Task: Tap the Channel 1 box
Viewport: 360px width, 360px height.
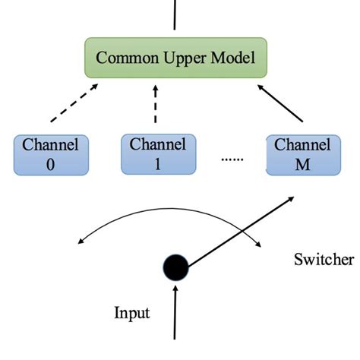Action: pos(159,154)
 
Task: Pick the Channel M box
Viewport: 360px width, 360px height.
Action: pos(297,154)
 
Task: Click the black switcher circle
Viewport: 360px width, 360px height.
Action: pos(175,267)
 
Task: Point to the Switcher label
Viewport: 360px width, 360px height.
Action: pos(324,261)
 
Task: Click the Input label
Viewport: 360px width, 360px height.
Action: pos(131,313)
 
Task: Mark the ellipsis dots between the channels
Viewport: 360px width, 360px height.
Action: pos(232,159)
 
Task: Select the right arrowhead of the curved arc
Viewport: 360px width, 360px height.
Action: pos(261,244)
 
